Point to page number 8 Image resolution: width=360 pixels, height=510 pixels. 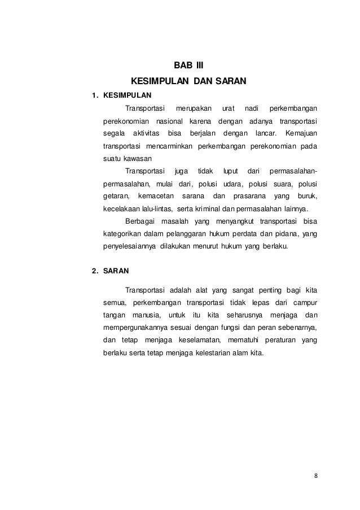(x=316, y=474)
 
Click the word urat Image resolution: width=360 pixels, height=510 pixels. (x=229, y=108)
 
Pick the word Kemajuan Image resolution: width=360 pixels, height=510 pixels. (x=301, y=134)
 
